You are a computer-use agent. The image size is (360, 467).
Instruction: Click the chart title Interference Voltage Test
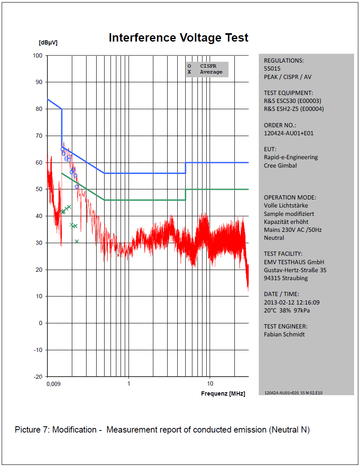[x=178, y=38]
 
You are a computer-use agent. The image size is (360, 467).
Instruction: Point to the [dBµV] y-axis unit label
[x=48, y=42]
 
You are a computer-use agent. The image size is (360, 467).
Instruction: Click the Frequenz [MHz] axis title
[x=223, y=394]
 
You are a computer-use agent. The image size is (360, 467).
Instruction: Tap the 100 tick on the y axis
[x=37, y=55]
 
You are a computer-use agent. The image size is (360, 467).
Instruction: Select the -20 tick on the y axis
[x=38, y=376]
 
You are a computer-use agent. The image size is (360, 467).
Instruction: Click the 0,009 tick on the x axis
[x=53, y=384]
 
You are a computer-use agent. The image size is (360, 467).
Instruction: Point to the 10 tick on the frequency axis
[x=210, y=383]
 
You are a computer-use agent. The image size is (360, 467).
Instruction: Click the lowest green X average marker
[x=77, y=241]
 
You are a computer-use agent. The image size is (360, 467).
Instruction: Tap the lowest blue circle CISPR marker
[x=77, y=187]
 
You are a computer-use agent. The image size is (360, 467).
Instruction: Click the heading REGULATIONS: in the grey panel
[x=284, y=60]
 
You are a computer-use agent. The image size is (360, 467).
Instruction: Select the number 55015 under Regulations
[x=272, y=68]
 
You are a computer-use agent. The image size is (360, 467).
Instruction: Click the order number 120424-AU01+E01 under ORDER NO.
[x=289, y=133]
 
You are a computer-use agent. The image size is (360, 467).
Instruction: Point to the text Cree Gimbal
[x=280, y=165]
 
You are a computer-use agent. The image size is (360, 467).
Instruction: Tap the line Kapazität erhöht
[x=286, y=222]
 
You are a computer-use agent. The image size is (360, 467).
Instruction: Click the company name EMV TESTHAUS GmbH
[x=294, y=262]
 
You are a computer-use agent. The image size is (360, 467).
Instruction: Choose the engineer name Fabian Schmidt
[x=284, y=334]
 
